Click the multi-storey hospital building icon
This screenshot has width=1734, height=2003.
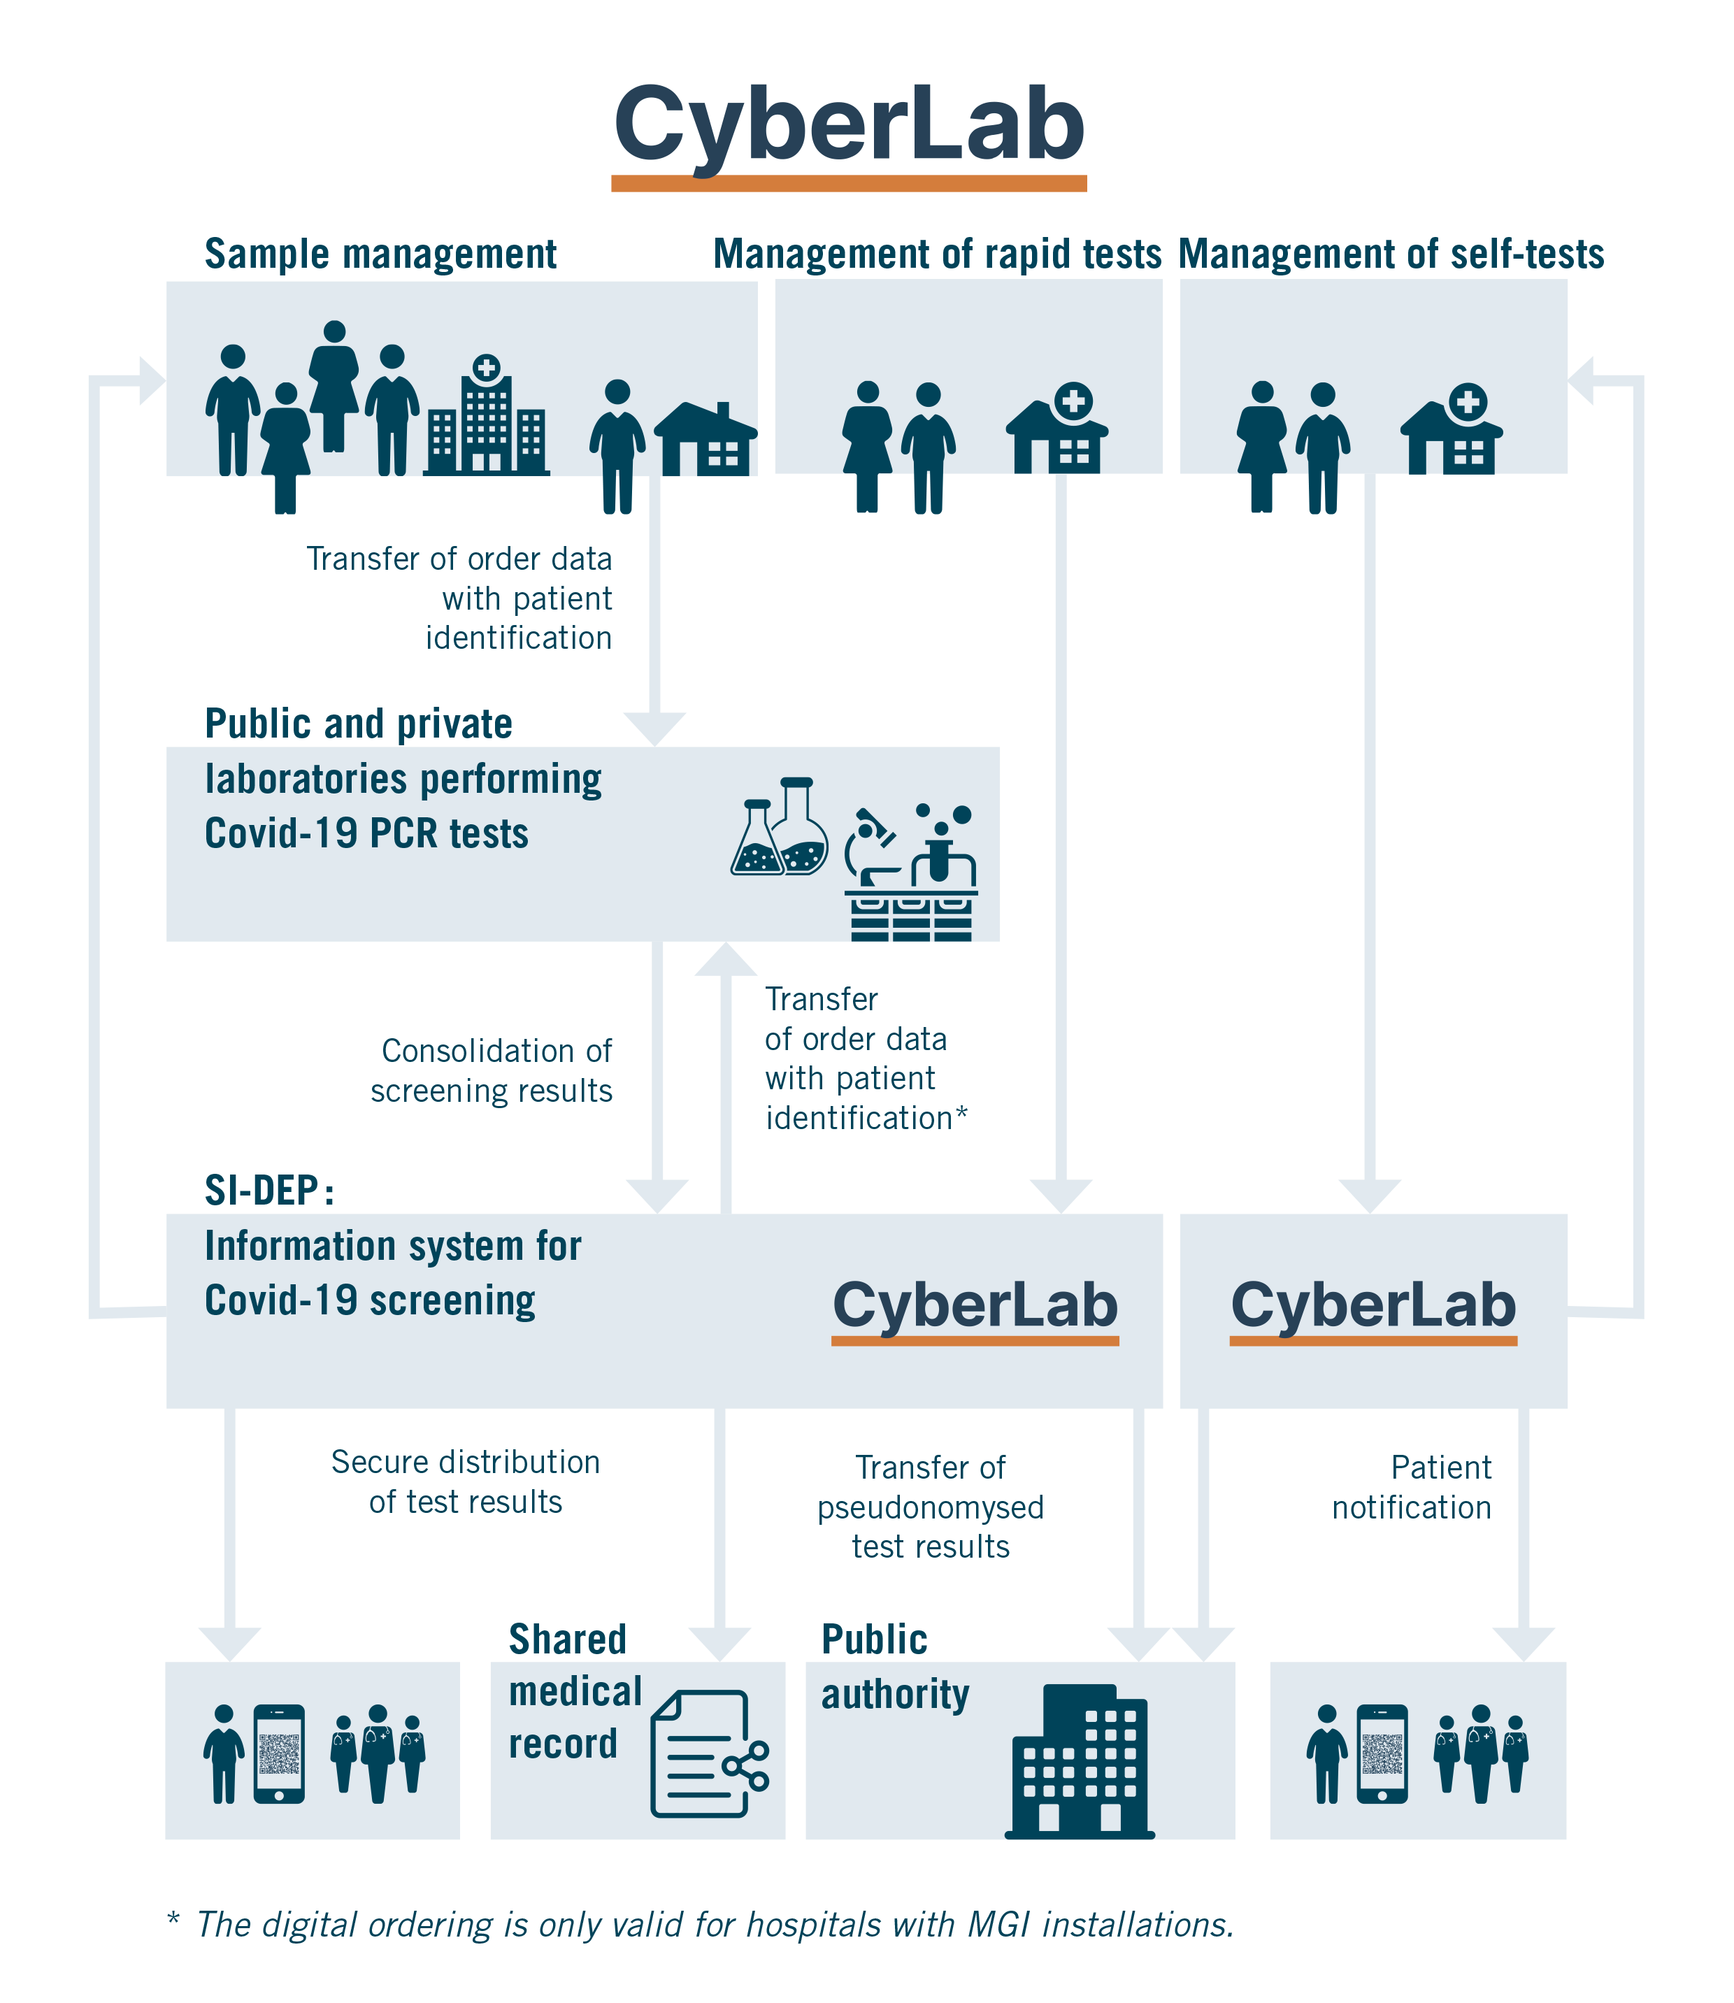coord(487,426)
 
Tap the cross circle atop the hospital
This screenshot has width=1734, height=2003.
coord(487,368)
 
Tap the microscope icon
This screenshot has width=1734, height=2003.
coord(872,847)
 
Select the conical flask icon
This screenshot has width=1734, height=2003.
coord(757,839)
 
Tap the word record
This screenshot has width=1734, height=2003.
coord(563,1744)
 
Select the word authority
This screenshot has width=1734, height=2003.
coord(895,1696)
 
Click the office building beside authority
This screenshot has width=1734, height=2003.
coord(1080,1761)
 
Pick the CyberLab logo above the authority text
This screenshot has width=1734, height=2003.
coord(975,1306)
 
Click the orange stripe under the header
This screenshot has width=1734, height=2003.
coord(867,184)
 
